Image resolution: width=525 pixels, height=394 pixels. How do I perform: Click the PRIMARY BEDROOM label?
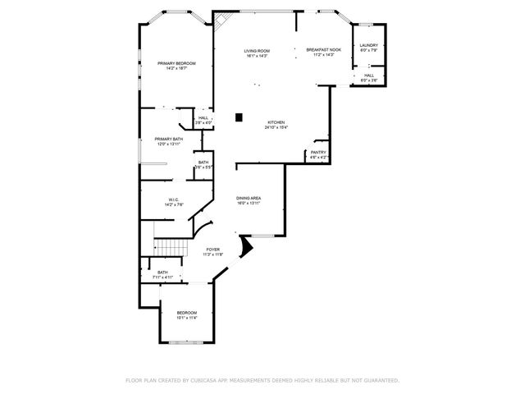tap(176, 63)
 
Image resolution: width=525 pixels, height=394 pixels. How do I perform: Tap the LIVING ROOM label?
tap(257, 51)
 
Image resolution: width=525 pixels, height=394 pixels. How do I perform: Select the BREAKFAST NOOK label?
tap(323, 51)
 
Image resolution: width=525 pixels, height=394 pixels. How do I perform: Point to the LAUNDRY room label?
tap(369, 45)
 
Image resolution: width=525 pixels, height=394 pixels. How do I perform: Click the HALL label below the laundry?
tap(369, 75)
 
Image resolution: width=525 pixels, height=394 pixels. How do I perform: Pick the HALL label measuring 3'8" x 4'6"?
tap(203, 117)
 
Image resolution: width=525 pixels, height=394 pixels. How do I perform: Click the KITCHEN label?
tap(275, 123)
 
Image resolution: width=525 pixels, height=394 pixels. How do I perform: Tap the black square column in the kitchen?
tap(239, 117)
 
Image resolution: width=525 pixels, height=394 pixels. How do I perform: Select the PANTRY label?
tap(318, 152)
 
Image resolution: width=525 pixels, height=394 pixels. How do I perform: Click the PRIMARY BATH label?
tap(169, 140)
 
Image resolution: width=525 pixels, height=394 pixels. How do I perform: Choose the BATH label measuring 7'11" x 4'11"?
tap(162, 273)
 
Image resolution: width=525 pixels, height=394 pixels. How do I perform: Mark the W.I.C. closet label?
tap(174, 199)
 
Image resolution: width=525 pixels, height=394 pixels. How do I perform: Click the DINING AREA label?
tap(249, 199)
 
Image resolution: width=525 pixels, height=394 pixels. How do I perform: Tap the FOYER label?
tap(213, 250)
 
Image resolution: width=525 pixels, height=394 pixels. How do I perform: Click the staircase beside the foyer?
tap(168, 247)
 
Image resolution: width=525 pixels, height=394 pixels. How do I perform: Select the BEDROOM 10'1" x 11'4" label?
tap(187, 313)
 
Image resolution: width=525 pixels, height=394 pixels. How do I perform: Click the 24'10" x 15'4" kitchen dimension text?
tap(275, 128)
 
